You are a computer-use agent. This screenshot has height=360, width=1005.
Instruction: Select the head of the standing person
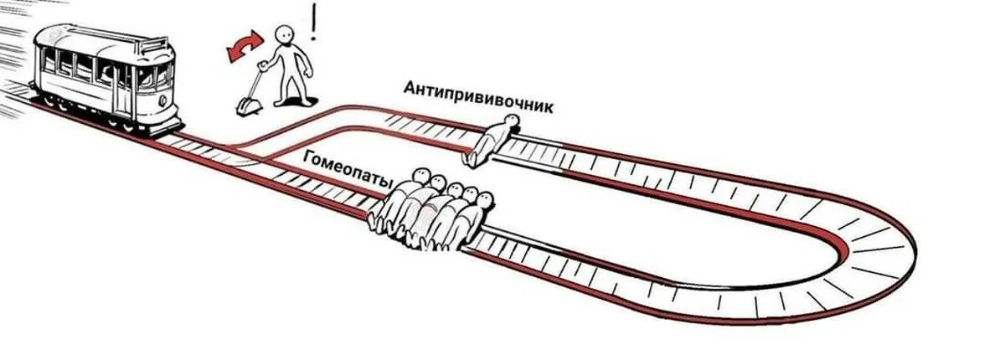click(286, 35)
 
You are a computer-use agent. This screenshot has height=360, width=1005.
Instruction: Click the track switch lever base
click(248, 106)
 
